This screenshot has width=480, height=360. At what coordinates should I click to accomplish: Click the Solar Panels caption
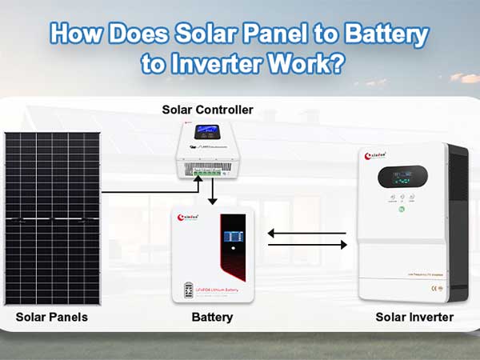(x=52, y=318)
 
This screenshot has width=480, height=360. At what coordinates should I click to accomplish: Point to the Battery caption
(x=212, y=318)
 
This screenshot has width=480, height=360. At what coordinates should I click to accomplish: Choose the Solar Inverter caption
(x=414, y=318)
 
